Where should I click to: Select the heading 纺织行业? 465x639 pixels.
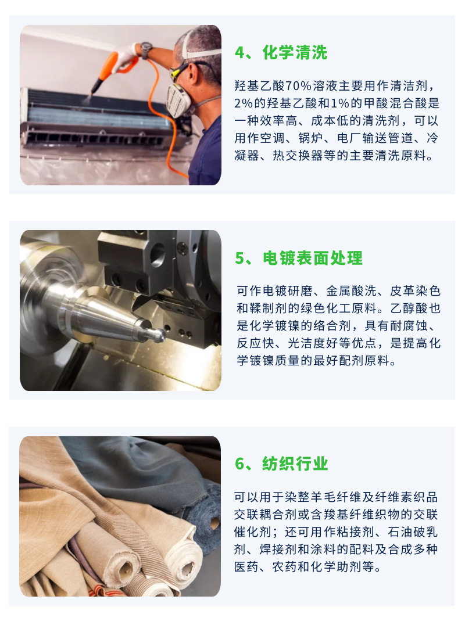(x=295, y=464)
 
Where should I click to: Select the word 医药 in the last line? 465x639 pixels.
(x=247, y=566)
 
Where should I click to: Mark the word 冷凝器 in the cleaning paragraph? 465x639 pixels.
(x=429, y=138)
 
